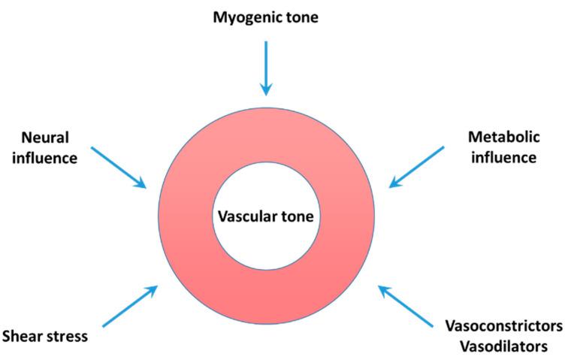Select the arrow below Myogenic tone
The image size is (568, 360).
click(x=266, y=68)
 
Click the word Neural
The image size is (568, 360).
click(x=45, y=138)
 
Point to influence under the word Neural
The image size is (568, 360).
click(x=44, y=158)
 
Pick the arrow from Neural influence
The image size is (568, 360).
click(x=119, y=168)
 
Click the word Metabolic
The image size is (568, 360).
click(x=504, y=137)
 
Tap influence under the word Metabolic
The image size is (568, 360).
click(x=504, y=157)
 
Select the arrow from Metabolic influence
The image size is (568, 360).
click(x=416, y=167)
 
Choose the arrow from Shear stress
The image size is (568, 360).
click(x=130, y=307)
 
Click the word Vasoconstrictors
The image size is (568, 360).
click(x=504, y=326)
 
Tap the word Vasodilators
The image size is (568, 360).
click(x=504, y=346)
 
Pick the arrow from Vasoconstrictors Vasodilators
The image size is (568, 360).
click(x=406, y=307)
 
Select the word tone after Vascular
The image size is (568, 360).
click(x=297, y=216)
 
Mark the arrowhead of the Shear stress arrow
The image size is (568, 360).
click(x=152, y=290)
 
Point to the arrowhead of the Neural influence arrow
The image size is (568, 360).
click(x=140, y=184)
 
